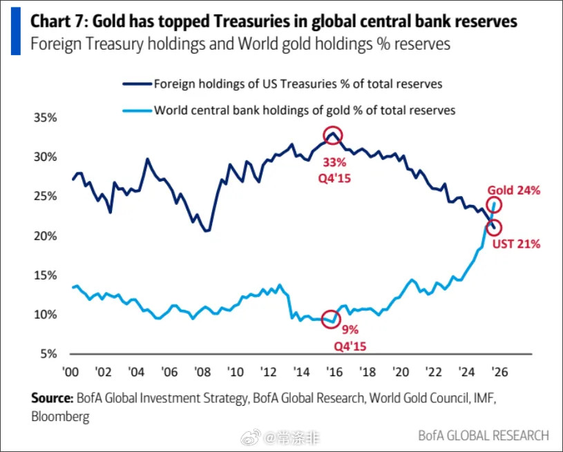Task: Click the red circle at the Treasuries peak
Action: pyautogui.click(x=334, y=136)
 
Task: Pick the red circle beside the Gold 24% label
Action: pyautogui.click(x=493, y=205)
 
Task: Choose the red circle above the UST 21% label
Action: pyautogui.click(x=494, y=228)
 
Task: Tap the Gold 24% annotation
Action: pyautogui.click(x=513, y=190)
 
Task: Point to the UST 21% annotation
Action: pyautogui.click(x=516, y=244)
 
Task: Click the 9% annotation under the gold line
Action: pyautogui.click(x=349, y=329)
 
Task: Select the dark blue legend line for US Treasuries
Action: pyautogui.click(x=136, y=84)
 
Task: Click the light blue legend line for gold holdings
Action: pyautogui.click(x=136, y=110)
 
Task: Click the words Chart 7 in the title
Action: pyautogui.click(x=58, y=21)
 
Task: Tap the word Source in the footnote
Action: pyautogui.click(x=52, y=398)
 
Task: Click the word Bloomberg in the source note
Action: pyautogui.click(x=60, y=416)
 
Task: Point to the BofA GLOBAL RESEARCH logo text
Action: pyautogui.click(x=483, y=435)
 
